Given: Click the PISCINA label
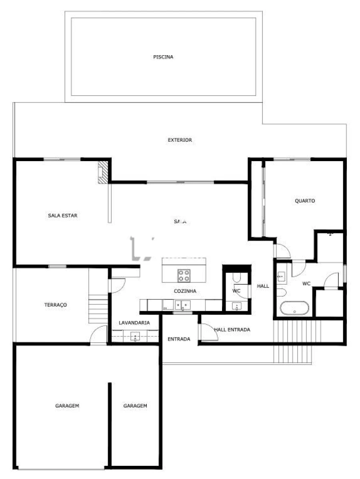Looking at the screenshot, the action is [163, 57].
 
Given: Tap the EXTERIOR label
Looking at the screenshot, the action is [180, 140].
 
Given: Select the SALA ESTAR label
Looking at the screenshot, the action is [63, 216].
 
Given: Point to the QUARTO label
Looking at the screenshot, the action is [305, 201].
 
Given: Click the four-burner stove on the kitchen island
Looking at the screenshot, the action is [184, 275].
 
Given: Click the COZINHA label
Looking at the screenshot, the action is [185, 291].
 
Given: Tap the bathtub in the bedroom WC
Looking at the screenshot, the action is [294, 308].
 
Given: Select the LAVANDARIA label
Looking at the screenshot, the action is [134, 323].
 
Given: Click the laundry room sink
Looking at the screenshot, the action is [135, 337].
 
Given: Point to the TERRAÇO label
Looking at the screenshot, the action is [55, 305].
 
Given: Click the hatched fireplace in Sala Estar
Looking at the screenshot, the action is [103, 172].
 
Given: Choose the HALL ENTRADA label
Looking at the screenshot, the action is [232, 329].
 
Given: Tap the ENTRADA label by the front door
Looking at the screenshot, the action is [179, 339].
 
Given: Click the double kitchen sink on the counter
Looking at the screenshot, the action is [182, 305].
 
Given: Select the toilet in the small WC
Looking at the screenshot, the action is [236, 278].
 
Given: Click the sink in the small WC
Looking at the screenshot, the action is [236, 306].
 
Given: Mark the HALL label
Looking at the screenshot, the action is [263, 286].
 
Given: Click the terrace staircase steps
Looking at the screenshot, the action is [98, 309].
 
